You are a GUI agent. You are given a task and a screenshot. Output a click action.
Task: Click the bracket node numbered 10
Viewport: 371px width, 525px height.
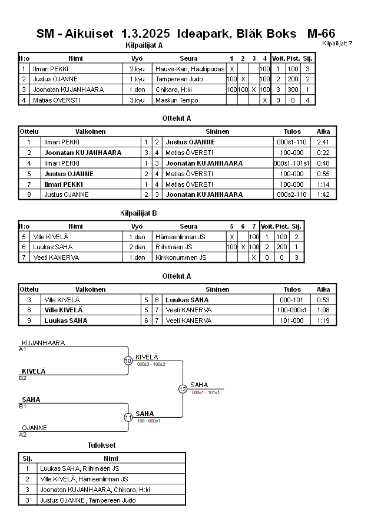point(128,361)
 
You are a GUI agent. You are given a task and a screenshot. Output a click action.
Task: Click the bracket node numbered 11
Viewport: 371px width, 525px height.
point(128,417)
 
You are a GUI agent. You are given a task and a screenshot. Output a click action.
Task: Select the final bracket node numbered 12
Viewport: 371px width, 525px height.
point(183,389)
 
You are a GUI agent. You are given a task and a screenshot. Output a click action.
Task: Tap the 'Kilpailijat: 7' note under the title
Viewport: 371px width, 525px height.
point(337,44)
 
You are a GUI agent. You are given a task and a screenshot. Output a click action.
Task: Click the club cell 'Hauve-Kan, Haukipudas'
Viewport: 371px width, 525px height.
point(188,69)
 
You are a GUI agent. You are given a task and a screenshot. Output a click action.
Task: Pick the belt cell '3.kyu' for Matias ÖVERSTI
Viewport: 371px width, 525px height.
point(137,100)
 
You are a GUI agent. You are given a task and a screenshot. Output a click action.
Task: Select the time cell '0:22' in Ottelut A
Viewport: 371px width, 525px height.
point(323,152)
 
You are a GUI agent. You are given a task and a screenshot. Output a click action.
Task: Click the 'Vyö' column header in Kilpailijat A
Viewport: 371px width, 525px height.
point(137,58)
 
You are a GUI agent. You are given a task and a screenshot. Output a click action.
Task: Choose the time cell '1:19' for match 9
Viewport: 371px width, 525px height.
point(323,321)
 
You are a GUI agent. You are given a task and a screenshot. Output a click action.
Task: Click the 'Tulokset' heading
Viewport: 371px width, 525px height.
point(101,445)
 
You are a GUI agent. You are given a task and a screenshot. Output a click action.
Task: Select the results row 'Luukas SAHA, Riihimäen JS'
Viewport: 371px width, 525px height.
point(79,468)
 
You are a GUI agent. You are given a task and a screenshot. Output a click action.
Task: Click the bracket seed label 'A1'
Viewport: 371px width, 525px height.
point(23,349)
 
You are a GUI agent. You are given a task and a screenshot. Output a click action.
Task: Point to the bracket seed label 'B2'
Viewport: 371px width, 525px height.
point(23,378)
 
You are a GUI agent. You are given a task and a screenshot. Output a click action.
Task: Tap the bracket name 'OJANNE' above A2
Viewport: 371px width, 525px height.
point(34,428)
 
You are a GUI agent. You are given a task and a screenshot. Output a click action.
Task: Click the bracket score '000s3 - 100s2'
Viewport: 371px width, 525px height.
point(151,364)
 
